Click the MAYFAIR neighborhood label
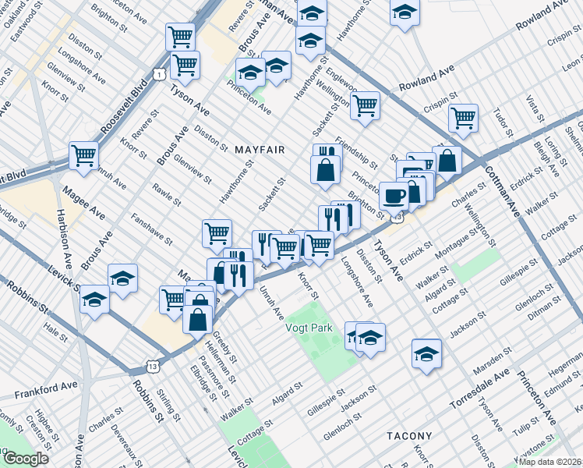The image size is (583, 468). [x=259, y=149]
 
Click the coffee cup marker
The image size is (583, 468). [x=394, y=195]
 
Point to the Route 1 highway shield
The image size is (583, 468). [x=158, y=74]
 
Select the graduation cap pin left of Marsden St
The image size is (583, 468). [x=426, y=353]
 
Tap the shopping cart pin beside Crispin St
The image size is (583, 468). [x=463, y=118]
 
